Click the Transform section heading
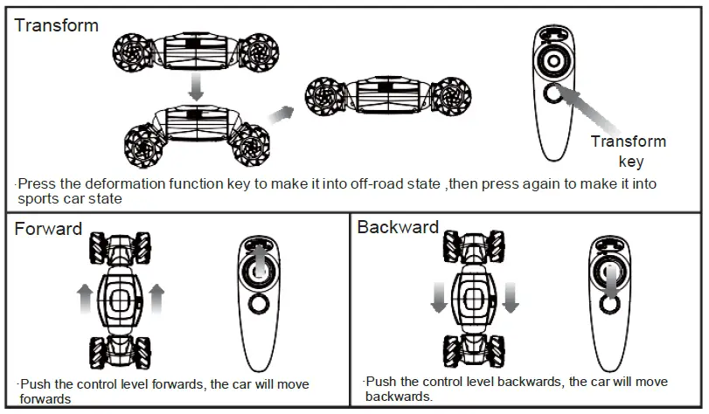pyautogui.click(x=57, y=25)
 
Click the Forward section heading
pyautogui.click(x=48, y=230)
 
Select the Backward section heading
pyautogui.click(x=398, y=228)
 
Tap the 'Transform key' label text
pyautogui.click(x=629, y=151)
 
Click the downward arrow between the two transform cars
pyautogui.click(x=197, y=86)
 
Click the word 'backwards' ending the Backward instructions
pyautogui.click(x=398, y=396)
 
